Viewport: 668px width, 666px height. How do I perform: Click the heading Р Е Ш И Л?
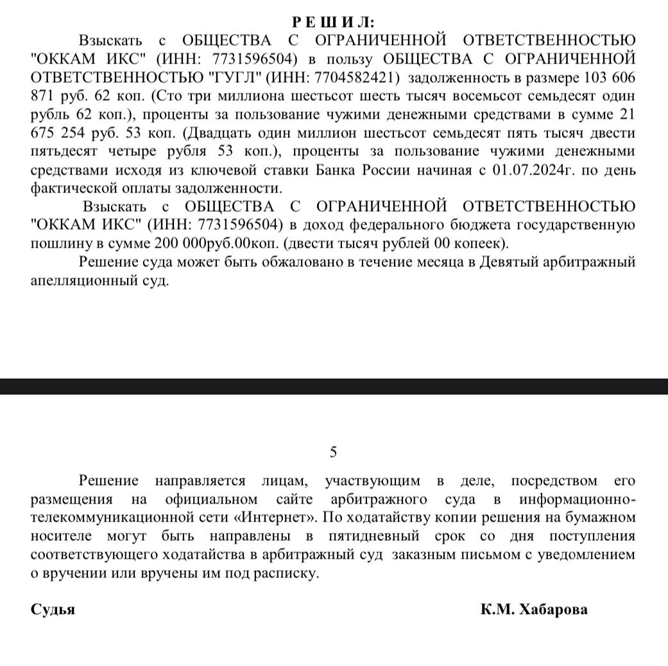(334, 22)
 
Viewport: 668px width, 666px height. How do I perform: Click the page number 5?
(333, 452)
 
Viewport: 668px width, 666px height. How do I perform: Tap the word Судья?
(53, 610)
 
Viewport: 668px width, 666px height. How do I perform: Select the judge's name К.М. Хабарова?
(533, 610)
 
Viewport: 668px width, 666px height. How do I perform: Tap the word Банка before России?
(338, 171)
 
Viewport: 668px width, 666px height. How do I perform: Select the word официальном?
(211, 499)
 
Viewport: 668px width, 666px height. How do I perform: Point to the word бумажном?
(601, 517)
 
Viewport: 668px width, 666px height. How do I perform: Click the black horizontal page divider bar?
(334, 386)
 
